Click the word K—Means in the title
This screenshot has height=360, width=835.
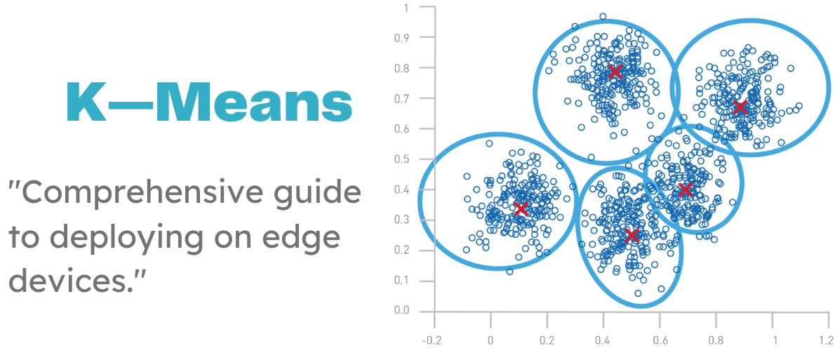tap(208, 102)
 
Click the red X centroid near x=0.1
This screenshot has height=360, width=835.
tap(520, 208)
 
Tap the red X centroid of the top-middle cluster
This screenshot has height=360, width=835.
tap(615, 72)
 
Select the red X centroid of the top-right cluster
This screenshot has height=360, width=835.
tap(740, 107)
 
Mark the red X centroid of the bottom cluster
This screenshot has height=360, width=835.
tap(632, 235)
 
